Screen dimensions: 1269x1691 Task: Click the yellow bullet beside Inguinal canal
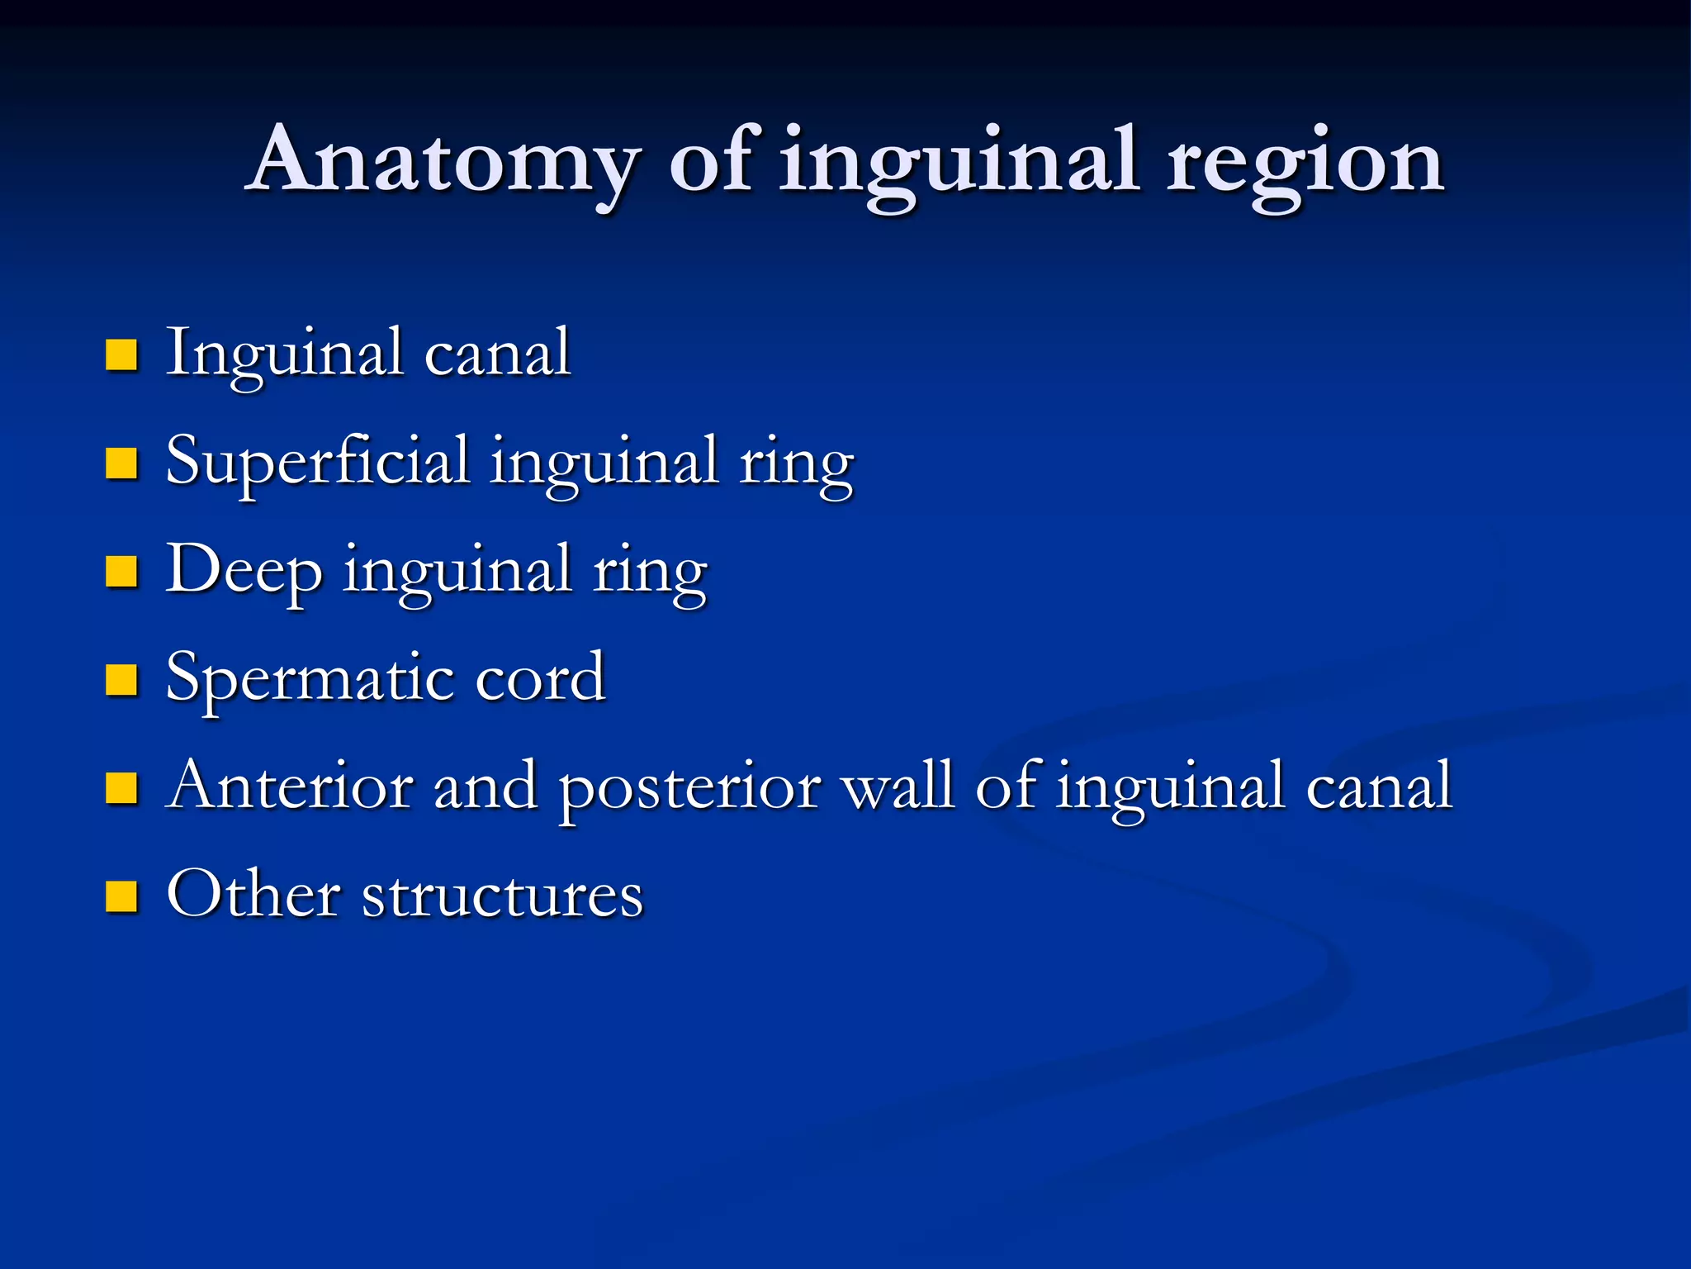121,354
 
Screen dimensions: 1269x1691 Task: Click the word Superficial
317,463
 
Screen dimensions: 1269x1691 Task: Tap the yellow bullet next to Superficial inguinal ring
121,463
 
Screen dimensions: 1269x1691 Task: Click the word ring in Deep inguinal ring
650,573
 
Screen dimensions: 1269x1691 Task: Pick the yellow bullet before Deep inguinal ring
121,572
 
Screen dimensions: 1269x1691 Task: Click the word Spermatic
310,679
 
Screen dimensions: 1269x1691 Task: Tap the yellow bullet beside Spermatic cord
121,680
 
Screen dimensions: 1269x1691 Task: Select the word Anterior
290,787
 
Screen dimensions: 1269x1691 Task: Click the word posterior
690,789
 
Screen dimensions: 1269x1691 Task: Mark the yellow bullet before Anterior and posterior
121,788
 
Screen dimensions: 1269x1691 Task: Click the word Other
253,895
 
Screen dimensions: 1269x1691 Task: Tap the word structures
502,896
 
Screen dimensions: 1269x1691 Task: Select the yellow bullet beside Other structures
121,896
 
